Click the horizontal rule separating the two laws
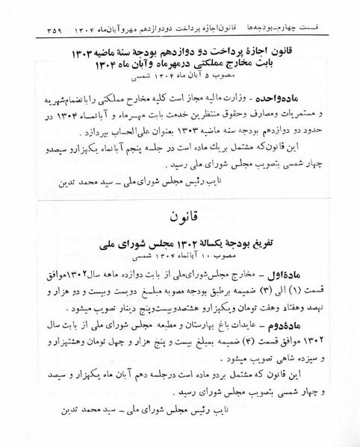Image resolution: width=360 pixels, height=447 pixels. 180,199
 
